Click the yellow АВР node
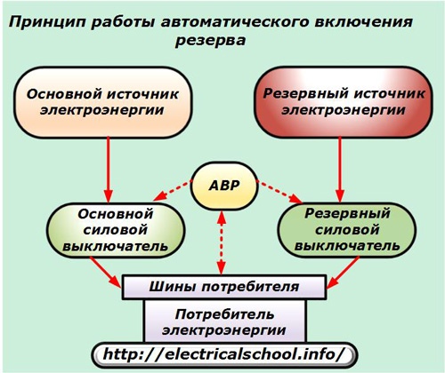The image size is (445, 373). tap(223, 186)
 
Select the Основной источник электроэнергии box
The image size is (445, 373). tap(102, 102)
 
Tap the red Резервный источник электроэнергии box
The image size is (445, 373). tap(344, 102)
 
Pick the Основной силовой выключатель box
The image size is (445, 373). tap(116, 230)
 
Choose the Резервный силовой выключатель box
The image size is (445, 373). tap(346, 230)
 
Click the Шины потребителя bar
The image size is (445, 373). tap(224, 287)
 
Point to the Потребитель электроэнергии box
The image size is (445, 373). tap(224, 321)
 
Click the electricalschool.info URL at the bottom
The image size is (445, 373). tap(224, 354)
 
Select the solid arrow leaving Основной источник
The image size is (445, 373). tap(108, 170)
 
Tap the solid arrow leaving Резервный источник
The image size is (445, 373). tap(340, 170)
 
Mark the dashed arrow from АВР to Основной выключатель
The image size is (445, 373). tap(172, 191)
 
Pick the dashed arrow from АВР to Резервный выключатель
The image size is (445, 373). tap(279, 192)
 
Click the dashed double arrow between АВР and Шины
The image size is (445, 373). tap(222, 242)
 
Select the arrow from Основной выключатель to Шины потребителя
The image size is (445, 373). tap(106, 272)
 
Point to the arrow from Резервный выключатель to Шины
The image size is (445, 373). tap(343, 273)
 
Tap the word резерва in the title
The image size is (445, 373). tap(210, 41)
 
